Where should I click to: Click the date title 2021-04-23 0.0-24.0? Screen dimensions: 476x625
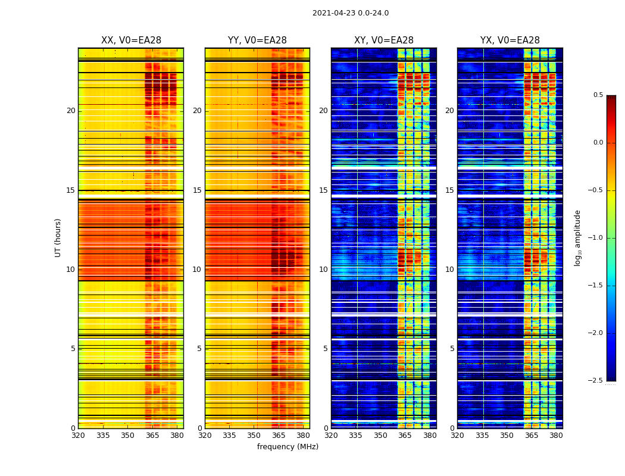(x=350, y=13)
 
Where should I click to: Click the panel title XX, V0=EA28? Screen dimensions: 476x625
(x=131, y=40)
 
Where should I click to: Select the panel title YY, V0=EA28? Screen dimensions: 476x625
(x=257, y=40)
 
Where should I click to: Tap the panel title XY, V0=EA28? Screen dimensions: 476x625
(x=384, y=40)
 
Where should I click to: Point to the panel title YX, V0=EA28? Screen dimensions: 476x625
(x=510, y=40)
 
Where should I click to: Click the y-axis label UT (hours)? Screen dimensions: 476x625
(x=58, y=237)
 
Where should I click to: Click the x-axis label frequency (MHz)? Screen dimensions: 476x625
(x=287, y=447)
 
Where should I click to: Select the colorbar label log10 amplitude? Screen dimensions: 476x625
(x=577, y=237)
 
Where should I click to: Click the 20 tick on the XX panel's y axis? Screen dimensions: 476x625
(x=71, y=111)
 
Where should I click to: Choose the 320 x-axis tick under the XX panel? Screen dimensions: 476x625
(x=78, y=436)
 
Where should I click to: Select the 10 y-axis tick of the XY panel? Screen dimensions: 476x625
(x=323, y=270)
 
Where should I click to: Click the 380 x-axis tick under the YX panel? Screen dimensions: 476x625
(x=556, y=436)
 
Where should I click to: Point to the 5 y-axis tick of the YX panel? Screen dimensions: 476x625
(x=452, y=349)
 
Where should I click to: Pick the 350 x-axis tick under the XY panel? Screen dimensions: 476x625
(x=380, y=436)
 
